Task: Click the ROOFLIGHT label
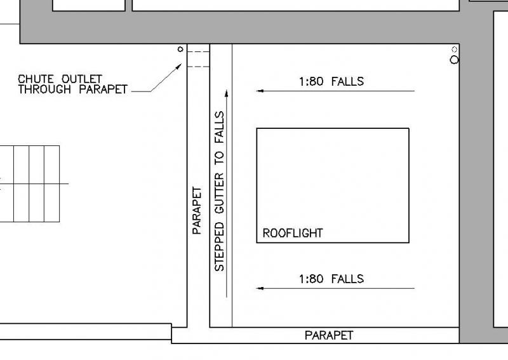tap(293, 233)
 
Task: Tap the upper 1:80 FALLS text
tap(331, 81)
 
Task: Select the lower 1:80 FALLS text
tap(331, 279)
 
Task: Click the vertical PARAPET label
tap(197, 210)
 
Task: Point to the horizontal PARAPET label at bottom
tap(329, 335)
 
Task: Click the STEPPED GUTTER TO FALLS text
tap(219, 191)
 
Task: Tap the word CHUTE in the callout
tap(36, 79)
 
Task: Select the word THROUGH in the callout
tap(44, 89)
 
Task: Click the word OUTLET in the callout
tap(82, 79)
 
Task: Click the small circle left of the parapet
tap(180, 50)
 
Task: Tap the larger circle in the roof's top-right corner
tap(455, 60)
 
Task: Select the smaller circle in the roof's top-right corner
tap(455, 50)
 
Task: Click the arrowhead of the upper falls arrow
tap(260, 91)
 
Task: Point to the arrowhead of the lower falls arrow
tap(260, 288)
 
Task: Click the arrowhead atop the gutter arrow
tap(227, 93)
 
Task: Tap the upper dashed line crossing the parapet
tap(198, 52)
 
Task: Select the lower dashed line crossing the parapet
tap(198, 67)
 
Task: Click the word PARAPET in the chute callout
tap(104, 89)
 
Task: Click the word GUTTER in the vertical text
tap(219, 193)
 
